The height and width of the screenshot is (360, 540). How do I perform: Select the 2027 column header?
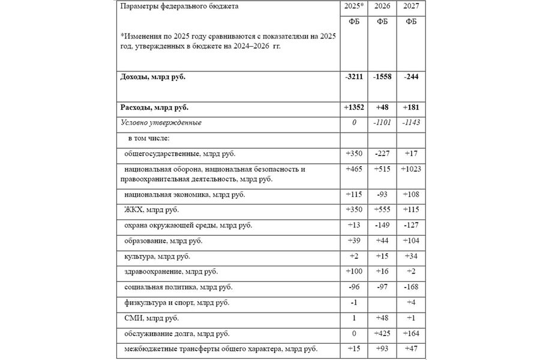[411, 7]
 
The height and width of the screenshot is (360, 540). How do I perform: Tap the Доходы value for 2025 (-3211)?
[354, 77]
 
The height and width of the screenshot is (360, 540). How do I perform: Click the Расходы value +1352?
[354, 108]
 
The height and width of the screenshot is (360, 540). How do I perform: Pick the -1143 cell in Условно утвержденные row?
[411, 122]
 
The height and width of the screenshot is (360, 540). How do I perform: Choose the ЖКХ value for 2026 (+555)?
[382, 210]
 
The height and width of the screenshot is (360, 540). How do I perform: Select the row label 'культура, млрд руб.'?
[157, 257]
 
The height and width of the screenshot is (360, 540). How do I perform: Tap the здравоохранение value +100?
[354, 272]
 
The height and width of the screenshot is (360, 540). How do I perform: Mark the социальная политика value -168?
[411, 287]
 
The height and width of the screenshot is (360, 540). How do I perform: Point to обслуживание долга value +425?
[382, 333]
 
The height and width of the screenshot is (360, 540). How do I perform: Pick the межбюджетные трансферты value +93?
[382, 349]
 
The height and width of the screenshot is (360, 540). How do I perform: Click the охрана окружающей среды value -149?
[382, 226]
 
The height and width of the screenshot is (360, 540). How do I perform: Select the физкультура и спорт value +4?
[411, 302]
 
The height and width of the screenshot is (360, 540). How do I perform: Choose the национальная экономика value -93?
[382, 195]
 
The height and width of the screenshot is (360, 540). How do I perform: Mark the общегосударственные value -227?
[382, 154]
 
